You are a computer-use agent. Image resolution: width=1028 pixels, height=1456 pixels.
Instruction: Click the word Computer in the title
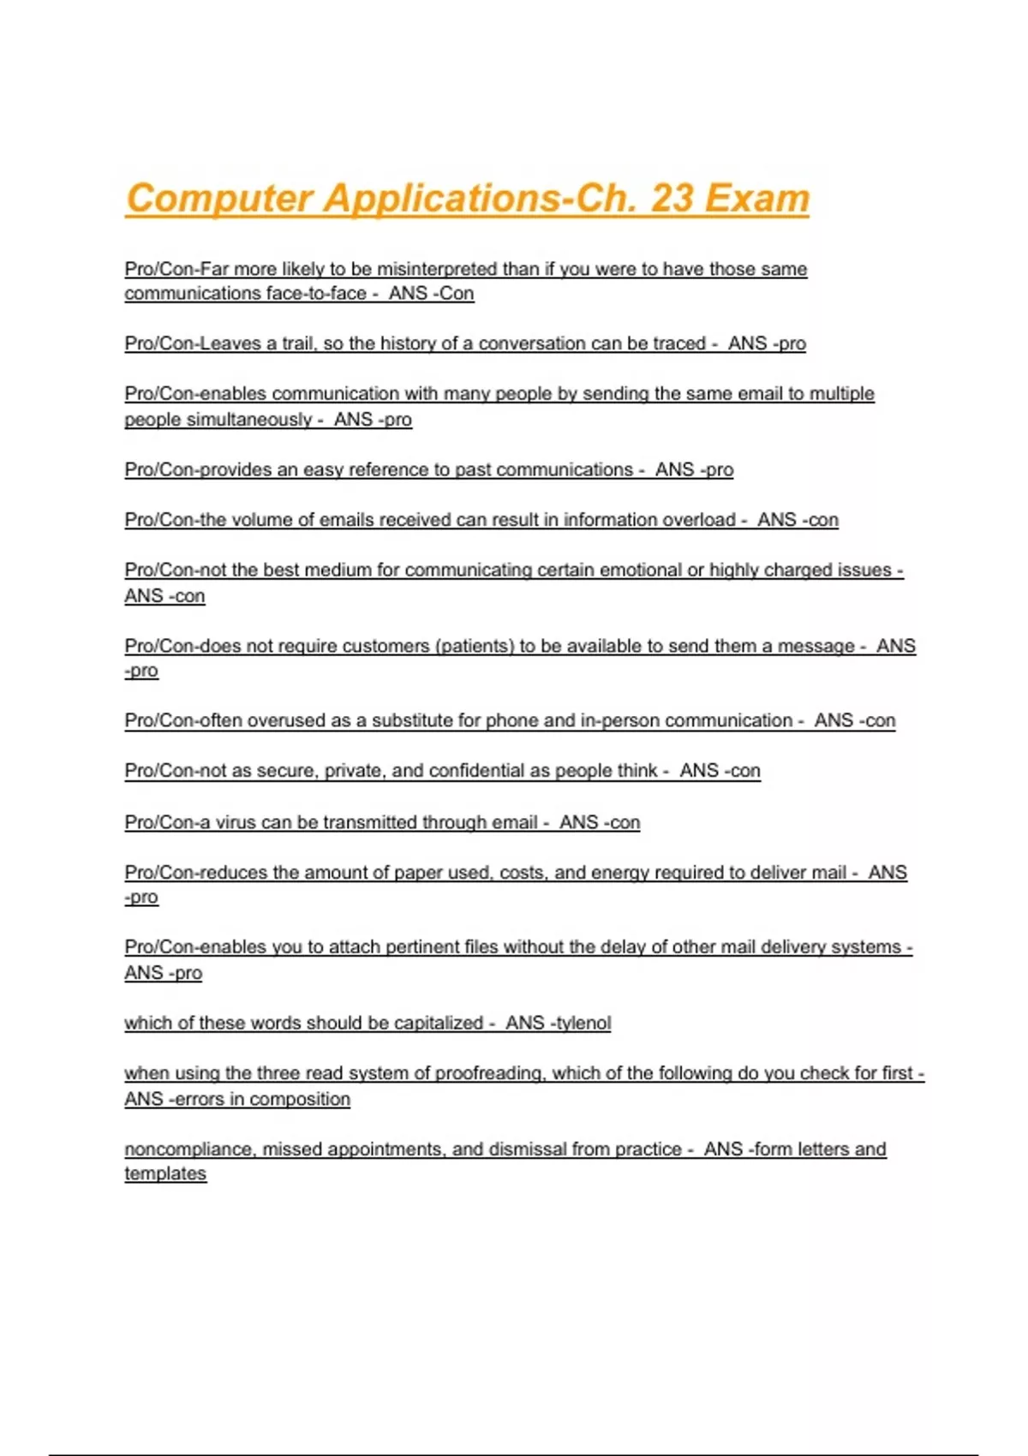(218, 199)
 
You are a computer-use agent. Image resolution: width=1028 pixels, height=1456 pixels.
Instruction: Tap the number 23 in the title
(672, 199)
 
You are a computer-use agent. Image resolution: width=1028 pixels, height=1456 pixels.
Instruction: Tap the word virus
(236, 822)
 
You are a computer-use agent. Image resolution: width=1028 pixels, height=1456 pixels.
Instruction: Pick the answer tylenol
(583, 1023)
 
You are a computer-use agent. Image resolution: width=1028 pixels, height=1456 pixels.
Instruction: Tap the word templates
(165, 1174)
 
